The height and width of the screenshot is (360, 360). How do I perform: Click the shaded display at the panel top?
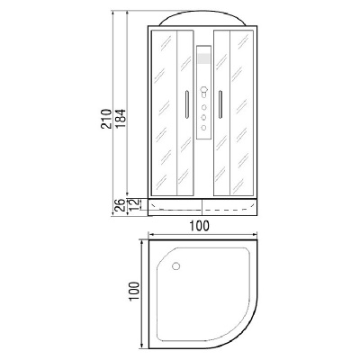pyautogui.click(x=205, y=58)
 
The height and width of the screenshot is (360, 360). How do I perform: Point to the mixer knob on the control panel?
pyautogui.click(x=205, y=91)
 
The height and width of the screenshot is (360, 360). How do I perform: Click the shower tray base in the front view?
pyautogui.click(x=205, y=208)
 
